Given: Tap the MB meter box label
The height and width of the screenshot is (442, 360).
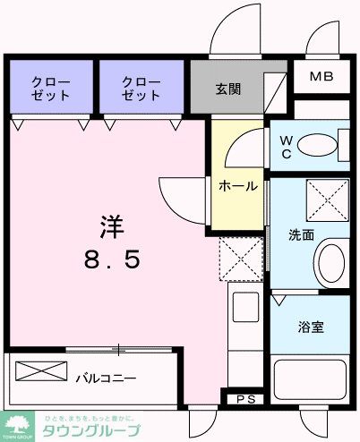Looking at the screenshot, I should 321,76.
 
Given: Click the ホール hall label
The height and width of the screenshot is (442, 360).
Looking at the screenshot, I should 239,186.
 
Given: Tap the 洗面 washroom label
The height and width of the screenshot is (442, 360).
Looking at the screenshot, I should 300,235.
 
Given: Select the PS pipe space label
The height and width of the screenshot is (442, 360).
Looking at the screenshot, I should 244,398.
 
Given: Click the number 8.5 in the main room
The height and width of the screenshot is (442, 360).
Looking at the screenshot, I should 110,259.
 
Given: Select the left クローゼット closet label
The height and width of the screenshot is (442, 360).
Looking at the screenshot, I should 52,87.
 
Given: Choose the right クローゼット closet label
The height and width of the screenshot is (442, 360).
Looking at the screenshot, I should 142,87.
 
